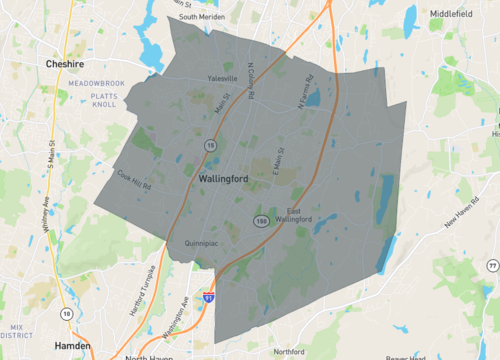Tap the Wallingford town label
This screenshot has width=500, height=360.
(222, 178)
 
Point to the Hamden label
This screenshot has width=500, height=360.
(71, 344)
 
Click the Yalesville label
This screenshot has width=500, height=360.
(222, 78)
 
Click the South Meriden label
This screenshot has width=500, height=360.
(200, 17)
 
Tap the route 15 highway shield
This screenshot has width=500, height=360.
(211, 146)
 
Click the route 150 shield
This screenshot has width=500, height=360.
(260, 220)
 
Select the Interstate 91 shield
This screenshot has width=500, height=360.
(208, 297)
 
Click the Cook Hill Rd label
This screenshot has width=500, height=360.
(134, 180)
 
